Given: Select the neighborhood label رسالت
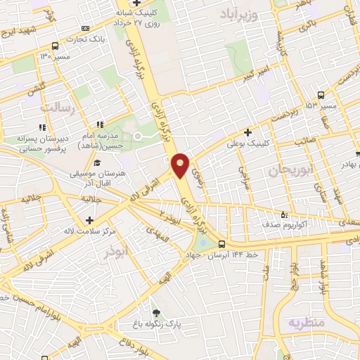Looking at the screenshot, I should [x=58, y=107].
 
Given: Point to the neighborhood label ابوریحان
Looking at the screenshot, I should [x=290, y=169].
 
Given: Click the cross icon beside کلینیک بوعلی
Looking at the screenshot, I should [x=247, y=131].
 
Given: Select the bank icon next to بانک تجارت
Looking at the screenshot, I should [x=76, y=38].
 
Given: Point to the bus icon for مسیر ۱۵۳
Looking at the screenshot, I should [x=321, y=94].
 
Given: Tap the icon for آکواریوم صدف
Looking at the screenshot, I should [x=284, y=214].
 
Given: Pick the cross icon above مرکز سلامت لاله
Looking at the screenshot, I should [x=89, y=221].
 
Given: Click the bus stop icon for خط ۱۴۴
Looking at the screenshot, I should [x=223, y=246].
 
